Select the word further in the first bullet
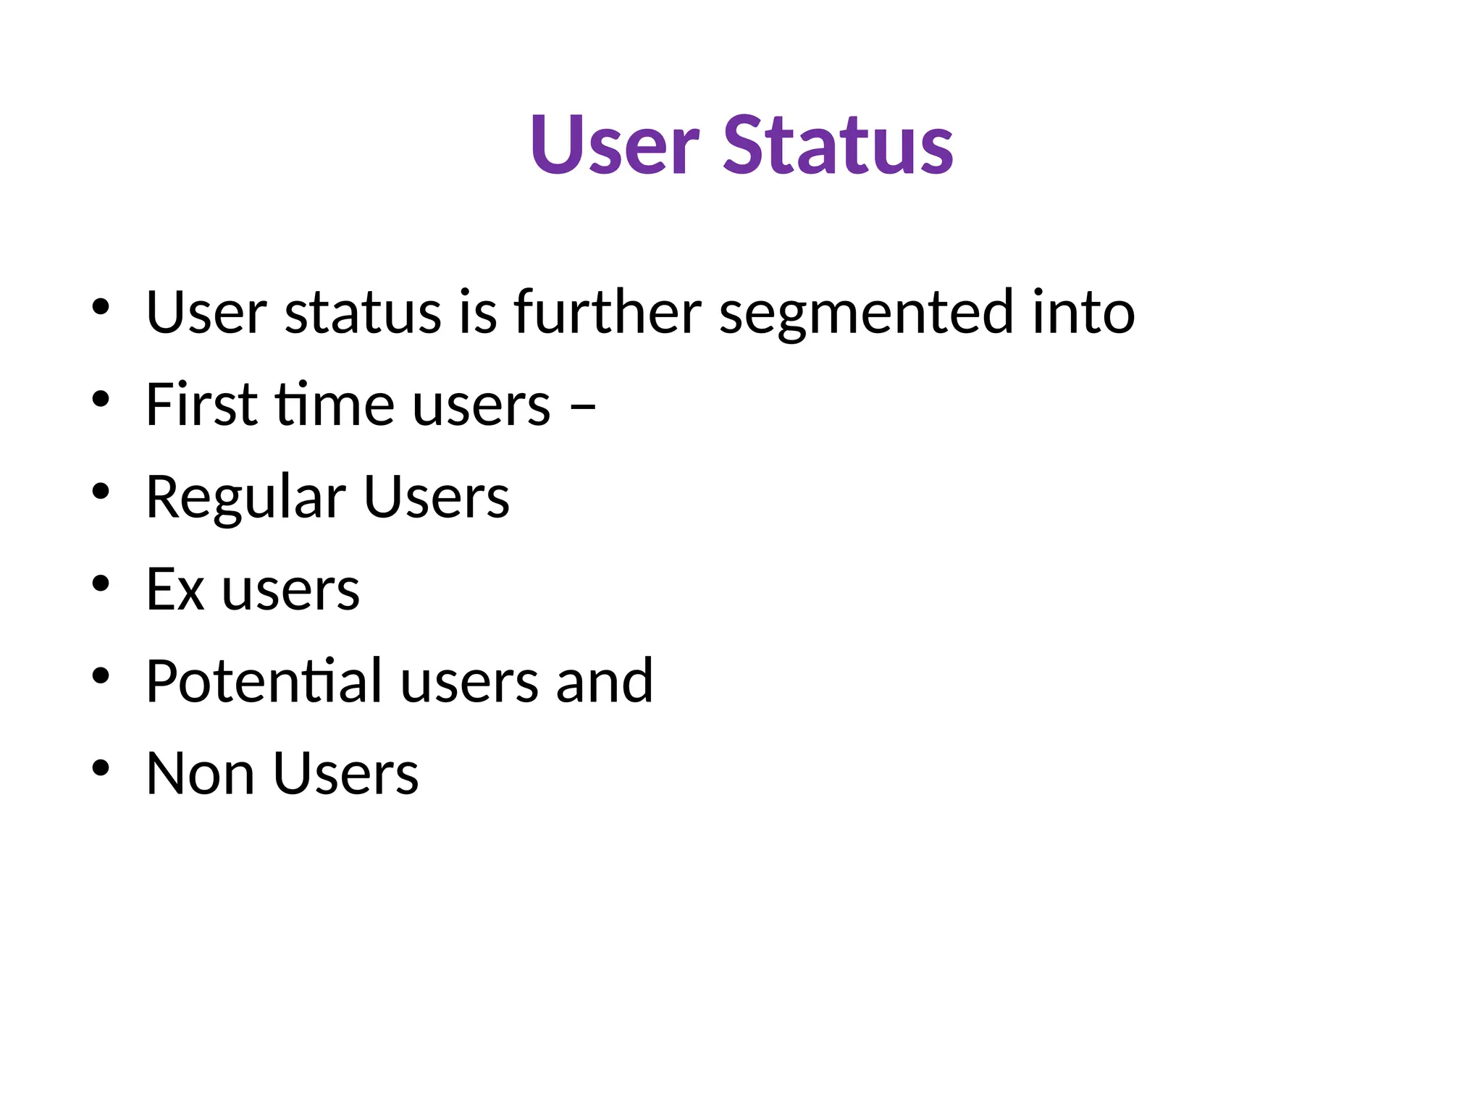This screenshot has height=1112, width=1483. [607, 312]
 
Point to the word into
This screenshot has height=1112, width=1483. [1083, 312]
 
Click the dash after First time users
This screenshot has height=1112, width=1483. [583, 406]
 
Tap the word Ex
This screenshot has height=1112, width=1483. [175, 589]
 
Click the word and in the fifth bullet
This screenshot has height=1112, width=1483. [604, 681]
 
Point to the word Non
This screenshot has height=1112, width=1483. [200, 773]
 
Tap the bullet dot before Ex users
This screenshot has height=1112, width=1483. [101, 583]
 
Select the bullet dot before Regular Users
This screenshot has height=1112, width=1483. [101, 491]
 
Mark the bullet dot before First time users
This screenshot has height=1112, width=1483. [101, 398]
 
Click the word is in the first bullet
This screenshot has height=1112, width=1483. [477, 312]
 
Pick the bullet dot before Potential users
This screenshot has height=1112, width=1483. [101, 675]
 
